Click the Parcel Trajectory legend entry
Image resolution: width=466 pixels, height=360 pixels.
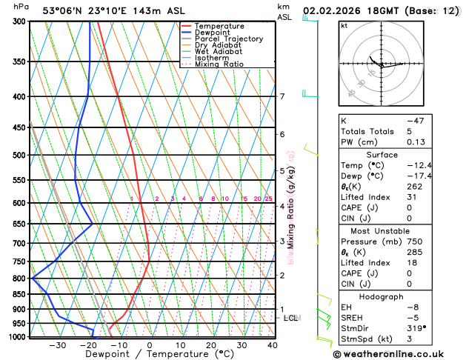pyautogui.click(x=229, y=39)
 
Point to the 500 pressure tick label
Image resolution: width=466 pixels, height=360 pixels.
pyautogui.click(x=19, y=156)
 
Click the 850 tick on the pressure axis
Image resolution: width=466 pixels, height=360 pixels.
pyautogui.click(x=19, y=294)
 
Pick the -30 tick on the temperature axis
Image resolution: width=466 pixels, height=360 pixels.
pyautogui.click(x=57, y=345)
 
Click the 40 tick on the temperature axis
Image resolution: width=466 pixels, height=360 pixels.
pyautogui.click(x=273, y=345)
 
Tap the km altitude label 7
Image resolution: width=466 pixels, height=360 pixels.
pyautogui.click(x=282, y=96)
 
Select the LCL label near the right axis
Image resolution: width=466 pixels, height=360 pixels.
pyautogui.click(x=291, y=318)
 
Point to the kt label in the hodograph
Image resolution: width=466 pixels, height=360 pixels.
pyautogui.click(x=344, y=26)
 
